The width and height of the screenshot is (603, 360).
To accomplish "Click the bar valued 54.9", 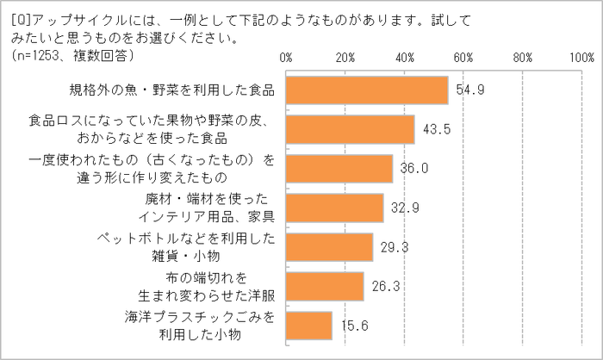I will [x=367, y=90].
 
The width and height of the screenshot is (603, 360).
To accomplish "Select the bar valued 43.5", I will [x=350, y=129].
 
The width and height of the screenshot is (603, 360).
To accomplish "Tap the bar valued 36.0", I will [x=339, y=169].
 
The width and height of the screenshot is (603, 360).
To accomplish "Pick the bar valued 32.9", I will [x=334, y=208].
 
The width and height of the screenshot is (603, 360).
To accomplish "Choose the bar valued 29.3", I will [x=329, y=247].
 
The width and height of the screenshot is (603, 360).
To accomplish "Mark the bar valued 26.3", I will [x=325, y=286].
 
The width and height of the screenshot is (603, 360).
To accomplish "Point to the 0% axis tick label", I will [x=287, y=58].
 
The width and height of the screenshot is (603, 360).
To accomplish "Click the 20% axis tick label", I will [x=345, y=58].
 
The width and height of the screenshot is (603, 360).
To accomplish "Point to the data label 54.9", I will [x=469, y=89].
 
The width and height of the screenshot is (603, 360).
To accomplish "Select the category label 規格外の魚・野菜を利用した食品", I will [x=172, y=90].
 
